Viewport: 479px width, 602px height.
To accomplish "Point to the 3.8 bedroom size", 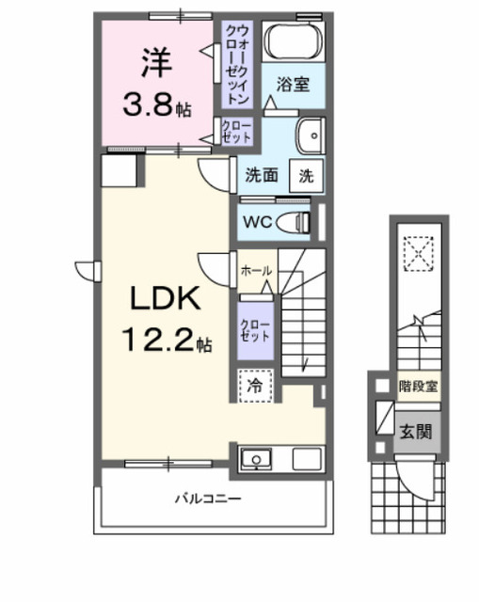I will [150, 103].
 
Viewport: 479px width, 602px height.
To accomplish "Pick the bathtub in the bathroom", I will [293, 42].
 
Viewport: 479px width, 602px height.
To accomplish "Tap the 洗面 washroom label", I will [261, 175].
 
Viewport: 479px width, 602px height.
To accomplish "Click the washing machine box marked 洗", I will [307, 174].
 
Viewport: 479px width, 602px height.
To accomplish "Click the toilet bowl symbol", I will [296, 222].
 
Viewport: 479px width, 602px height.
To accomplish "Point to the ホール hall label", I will [256, 271].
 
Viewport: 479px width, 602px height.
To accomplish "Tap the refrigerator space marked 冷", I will [255, 385].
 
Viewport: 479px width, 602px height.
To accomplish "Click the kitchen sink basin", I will [256, 460].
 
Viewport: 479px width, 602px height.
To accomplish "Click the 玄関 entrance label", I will [415, 433].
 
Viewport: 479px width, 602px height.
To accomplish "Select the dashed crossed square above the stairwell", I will [416, 252].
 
